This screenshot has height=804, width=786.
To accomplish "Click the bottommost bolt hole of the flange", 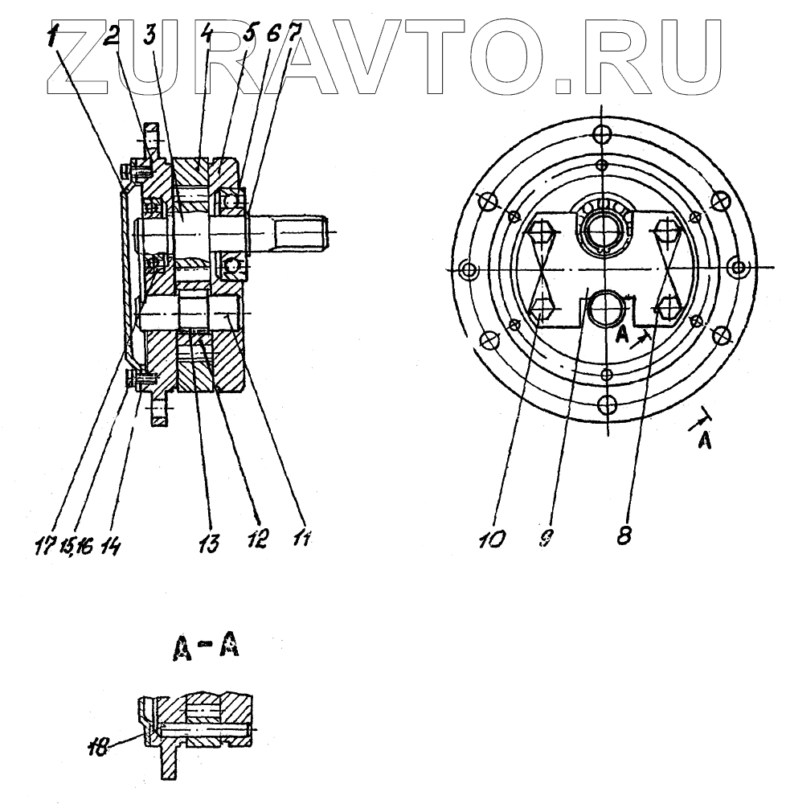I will pos(608,401).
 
